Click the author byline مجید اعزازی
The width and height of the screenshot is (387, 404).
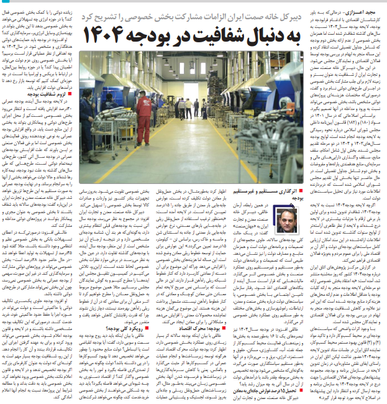366,12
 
